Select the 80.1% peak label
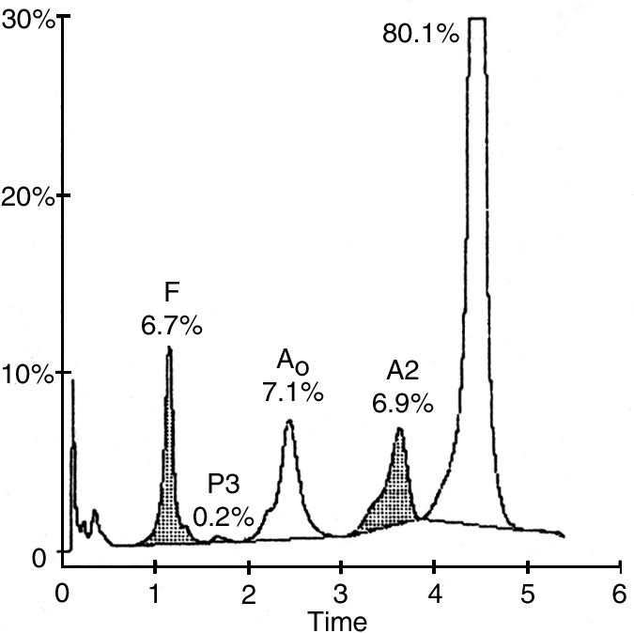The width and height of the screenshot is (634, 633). tap(420, 36)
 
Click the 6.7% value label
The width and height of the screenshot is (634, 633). tap(171, 327)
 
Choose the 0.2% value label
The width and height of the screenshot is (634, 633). tap(224, 516)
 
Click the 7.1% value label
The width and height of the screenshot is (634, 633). tap(293, 392)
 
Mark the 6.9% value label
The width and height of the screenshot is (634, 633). tap(402, 403)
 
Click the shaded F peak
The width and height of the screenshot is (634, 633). tap(168, 507)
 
